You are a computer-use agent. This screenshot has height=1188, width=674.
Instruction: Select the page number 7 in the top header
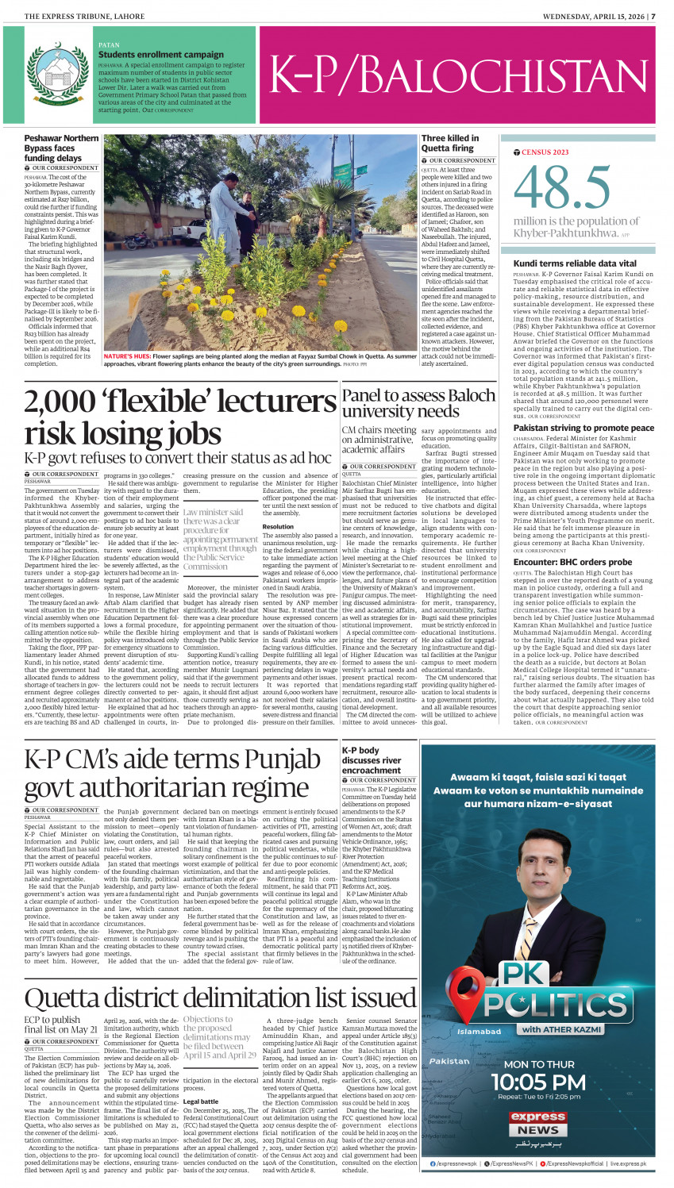(653, 16)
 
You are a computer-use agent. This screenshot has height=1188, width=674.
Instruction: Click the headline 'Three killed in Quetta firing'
(450, 143)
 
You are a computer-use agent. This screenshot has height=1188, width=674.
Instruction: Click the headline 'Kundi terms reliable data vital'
(574, 263)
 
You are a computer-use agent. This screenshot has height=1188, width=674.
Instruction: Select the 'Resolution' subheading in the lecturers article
(278, 526)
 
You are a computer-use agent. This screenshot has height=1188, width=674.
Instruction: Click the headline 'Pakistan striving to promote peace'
(583, 428)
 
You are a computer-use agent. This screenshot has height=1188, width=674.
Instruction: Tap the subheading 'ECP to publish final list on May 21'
(60, 1025)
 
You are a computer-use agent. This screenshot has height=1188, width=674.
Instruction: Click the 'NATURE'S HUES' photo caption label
(127, 357)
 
